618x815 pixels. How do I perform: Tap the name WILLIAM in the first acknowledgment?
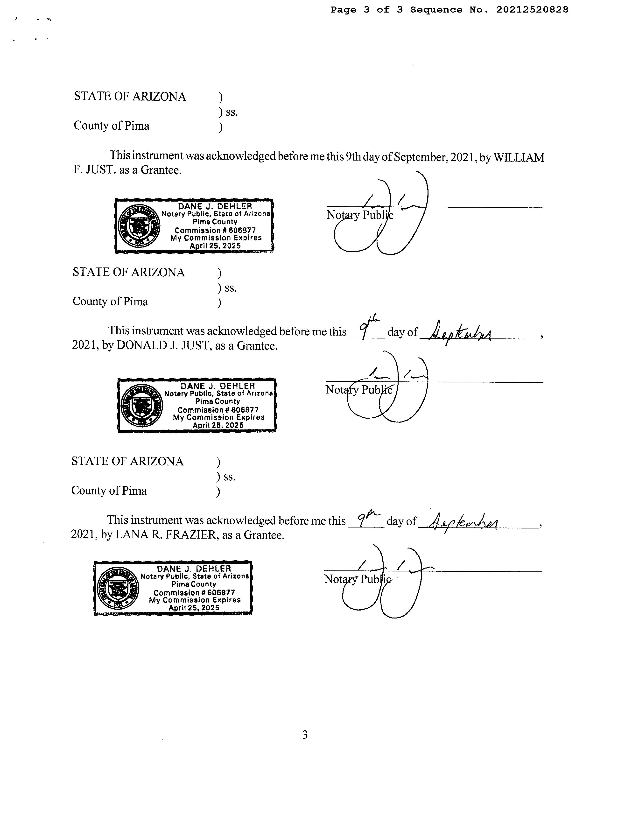[x=519, y=158]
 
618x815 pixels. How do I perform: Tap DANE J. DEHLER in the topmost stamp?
[x=215, y=206]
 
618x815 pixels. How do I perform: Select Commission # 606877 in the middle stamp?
[x=218, y=410]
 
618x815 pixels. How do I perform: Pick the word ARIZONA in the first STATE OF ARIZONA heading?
[x=159, y=97]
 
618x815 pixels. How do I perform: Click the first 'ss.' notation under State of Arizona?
[x=232, y=112]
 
